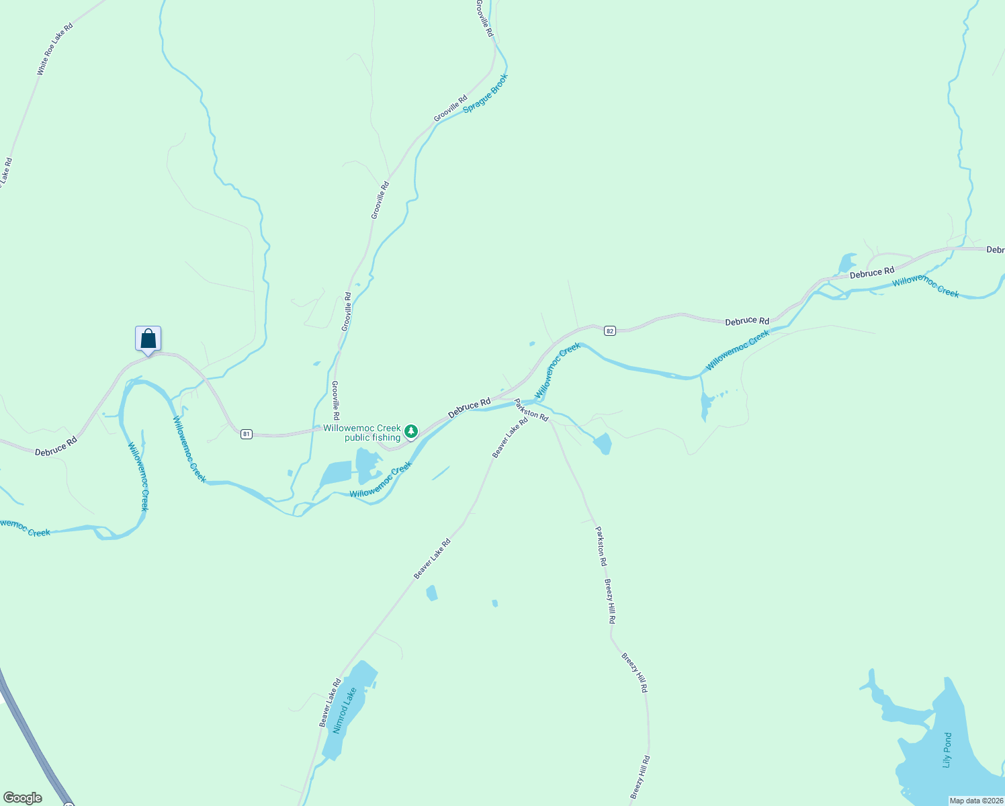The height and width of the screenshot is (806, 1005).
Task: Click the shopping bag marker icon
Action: click(148, 339)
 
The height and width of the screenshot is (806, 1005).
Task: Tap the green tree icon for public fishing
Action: click(410, 431)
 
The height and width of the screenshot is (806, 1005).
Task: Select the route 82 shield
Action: click(609, 331)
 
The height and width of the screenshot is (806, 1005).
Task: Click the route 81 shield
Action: click(247, 435)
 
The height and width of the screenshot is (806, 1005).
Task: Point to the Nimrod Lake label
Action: click(345, 710)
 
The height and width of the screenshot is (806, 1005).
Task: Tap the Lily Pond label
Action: click(947, 750)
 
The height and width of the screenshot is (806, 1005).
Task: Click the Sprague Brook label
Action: click(486, 93)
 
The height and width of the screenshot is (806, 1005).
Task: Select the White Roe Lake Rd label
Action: click(55, 48)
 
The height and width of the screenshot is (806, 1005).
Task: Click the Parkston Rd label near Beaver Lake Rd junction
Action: click(531, 410)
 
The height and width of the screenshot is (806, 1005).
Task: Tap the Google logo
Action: click(23, 798)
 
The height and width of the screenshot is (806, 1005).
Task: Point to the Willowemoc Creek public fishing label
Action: click(362, 433)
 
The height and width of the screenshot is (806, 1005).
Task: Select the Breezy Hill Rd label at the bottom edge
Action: click(640, 777)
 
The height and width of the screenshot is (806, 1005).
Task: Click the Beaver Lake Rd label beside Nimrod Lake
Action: click(330, 703)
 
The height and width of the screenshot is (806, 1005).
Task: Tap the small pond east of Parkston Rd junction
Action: click(603, 443)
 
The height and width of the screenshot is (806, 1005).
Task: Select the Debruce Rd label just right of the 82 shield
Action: click(747, 321)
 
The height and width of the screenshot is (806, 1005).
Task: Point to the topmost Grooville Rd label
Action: click(484, 18)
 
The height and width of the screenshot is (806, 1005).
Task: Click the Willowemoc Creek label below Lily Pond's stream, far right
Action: click(925, 287)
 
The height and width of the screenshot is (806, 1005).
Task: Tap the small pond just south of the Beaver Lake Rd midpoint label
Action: click(431, 593)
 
